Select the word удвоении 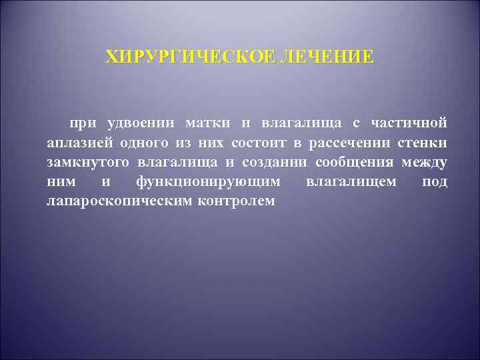pyautogui.click(x=141, y=123)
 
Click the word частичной pyautogui.click(x=409, y=123)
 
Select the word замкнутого pyautogui.click(x=89, y=162)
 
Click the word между pyautogui.click(x=425, y=162)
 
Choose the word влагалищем pyautogui.click(x=351, y=181)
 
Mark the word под pyautogui.click(x=435, y=181)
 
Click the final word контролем pyautogui.click(x=236, y=201)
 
